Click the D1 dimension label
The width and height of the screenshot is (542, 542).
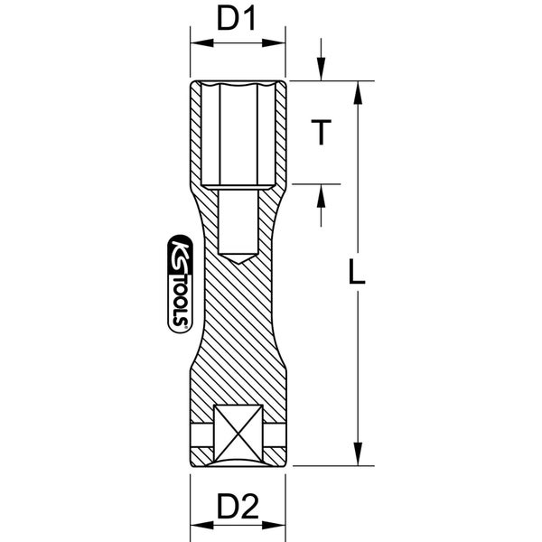click(x=237, y=19)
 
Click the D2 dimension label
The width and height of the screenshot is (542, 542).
click(x=238, y=507)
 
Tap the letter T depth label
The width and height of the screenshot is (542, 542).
click(x=321, y=132)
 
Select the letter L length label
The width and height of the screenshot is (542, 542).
click(x=357, y=272)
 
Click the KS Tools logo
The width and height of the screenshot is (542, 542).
click(x=181, y=284)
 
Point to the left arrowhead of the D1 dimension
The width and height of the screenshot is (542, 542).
click(x=201, y=43)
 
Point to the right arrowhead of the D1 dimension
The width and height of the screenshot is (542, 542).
click(x=274, y=43)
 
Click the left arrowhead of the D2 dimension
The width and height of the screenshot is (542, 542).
click(x=201, y=526)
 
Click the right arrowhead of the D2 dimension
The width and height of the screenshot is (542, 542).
click(x=274, y=526)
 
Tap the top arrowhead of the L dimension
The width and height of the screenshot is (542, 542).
click(x=358, y=92)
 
